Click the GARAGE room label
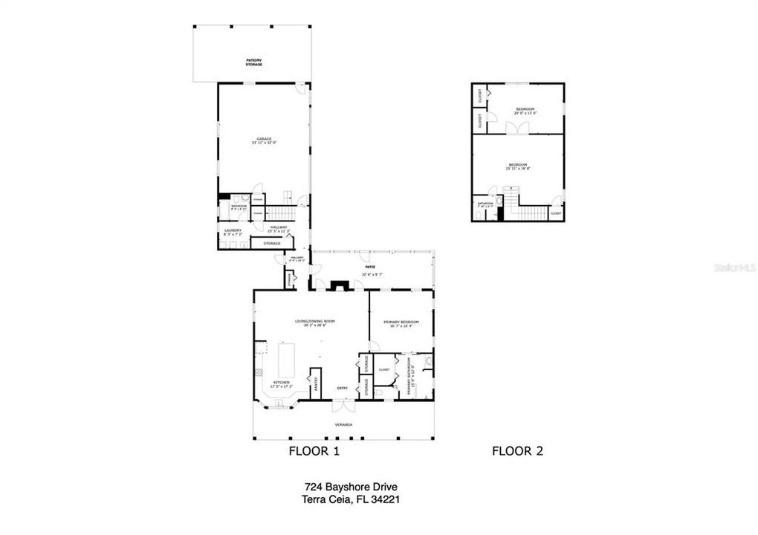264,140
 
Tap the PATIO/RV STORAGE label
254,63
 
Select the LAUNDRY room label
233,232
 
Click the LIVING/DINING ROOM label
314,322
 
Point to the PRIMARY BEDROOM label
401,323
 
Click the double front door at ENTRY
343,406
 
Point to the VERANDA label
343,424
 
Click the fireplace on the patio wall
340,284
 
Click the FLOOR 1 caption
314,450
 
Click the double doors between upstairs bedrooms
512,128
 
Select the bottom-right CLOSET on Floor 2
555,213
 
